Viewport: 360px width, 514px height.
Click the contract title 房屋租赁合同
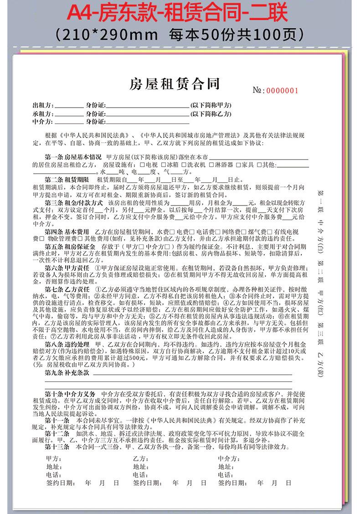point(175,84)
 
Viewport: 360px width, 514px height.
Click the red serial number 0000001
point(283,90)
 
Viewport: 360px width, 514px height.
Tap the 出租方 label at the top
point(42,106)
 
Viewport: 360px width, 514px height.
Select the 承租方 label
point(42,114)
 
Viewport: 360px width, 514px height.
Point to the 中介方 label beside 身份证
point(42,122)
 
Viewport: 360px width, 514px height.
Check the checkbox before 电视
point(144,164)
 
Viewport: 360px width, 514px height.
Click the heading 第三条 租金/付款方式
point(74,202)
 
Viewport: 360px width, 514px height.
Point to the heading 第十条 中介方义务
point(70,393)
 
